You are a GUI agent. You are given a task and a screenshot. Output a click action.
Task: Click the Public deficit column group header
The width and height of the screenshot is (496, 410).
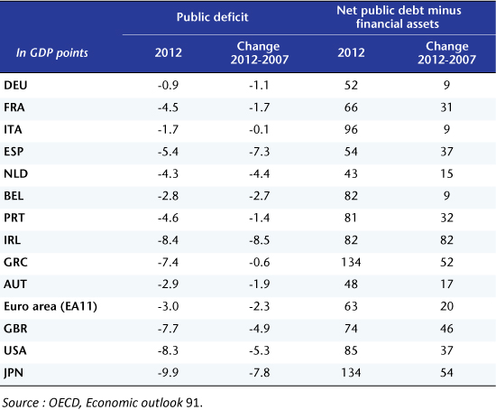[x=212, y=17]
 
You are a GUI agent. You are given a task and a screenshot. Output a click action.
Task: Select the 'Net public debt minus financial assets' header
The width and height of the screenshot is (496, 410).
[x=399, y=17]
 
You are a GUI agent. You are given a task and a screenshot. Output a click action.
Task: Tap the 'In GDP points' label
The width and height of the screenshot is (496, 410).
[x=52, y=53]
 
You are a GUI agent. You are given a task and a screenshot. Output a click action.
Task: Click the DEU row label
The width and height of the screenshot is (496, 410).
[x=15, y=85]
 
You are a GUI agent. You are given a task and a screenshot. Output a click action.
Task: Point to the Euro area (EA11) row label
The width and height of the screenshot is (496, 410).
[x=51, y=306]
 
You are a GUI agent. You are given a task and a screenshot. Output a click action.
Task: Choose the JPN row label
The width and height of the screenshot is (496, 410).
[x=14, y=373]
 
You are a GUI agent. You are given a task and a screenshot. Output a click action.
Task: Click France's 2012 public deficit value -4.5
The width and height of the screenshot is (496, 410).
[x=168, y=107]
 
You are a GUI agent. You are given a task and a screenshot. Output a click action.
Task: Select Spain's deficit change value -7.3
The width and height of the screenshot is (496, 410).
[x=260, y=152]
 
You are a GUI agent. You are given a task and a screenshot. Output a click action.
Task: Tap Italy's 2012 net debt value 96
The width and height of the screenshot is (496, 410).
[x=351, y=129]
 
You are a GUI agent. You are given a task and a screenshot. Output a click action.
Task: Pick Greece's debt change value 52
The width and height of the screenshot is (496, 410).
[x=446, y=262]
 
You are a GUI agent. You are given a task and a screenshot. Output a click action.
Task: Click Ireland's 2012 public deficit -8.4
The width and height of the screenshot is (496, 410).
[x=168, y=240]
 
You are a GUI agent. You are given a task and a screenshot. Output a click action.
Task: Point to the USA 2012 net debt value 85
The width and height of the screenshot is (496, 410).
[x=351, y=350]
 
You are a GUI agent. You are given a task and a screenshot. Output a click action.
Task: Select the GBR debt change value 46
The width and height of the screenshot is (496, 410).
[x=446, y=328]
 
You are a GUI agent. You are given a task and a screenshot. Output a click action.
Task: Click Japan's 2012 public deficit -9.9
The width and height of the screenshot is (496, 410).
[x=168, y=373]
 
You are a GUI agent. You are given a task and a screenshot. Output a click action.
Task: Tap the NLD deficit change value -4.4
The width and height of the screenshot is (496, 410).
[x=260, y=173]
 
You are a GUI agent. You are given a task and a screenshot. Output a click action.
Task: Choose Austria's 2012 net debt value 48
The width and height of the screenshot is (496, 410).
[x=351, y=284]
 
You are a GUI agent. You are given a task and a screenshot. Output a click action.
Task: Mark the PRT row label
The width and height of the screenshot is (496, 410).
[x=14, y=218]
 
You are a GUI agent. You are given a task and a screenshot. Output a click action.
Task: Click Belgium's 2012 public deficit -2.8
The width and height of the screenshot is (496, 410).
[x=168, y=196]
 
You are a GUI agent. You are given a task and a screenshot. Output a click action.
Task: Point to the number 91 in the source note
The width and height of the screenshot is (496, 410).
[x=192, y=403]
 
